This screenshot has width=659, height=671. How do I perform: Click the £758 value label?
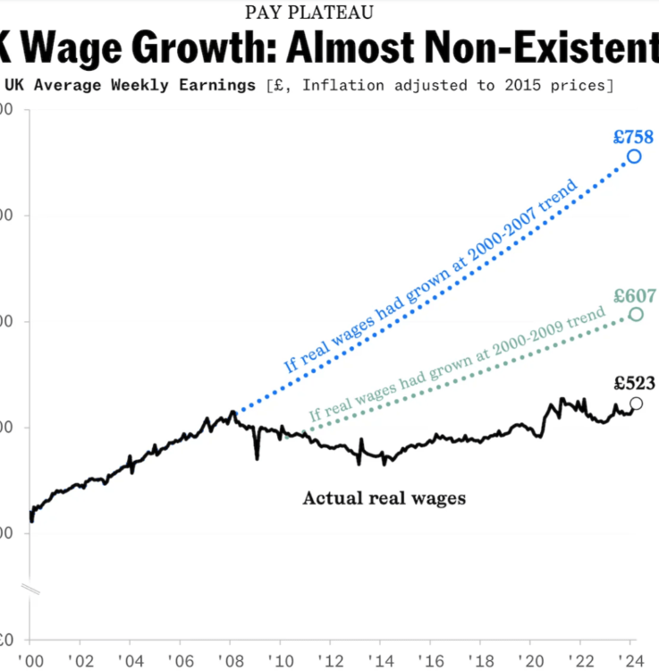coord(633,137)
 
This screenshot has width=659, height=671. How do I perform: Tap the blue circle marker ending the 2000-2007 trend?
coord(634,157)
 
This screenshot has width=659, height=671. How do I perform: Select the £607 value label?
coord(635,296)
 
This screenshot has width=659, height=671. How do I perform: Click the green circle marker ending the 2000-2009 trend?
coord(636,314)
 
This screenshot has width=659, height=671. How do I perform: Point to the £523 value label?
coord(634,384)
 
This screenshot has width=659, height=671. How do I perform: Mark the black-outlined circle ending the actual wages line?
coord(636,403)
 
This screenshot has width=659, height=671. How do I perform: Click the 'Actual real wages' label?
coord(384,498)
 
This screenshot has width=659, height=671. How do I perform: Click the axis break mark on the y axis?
coord(30,590)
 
